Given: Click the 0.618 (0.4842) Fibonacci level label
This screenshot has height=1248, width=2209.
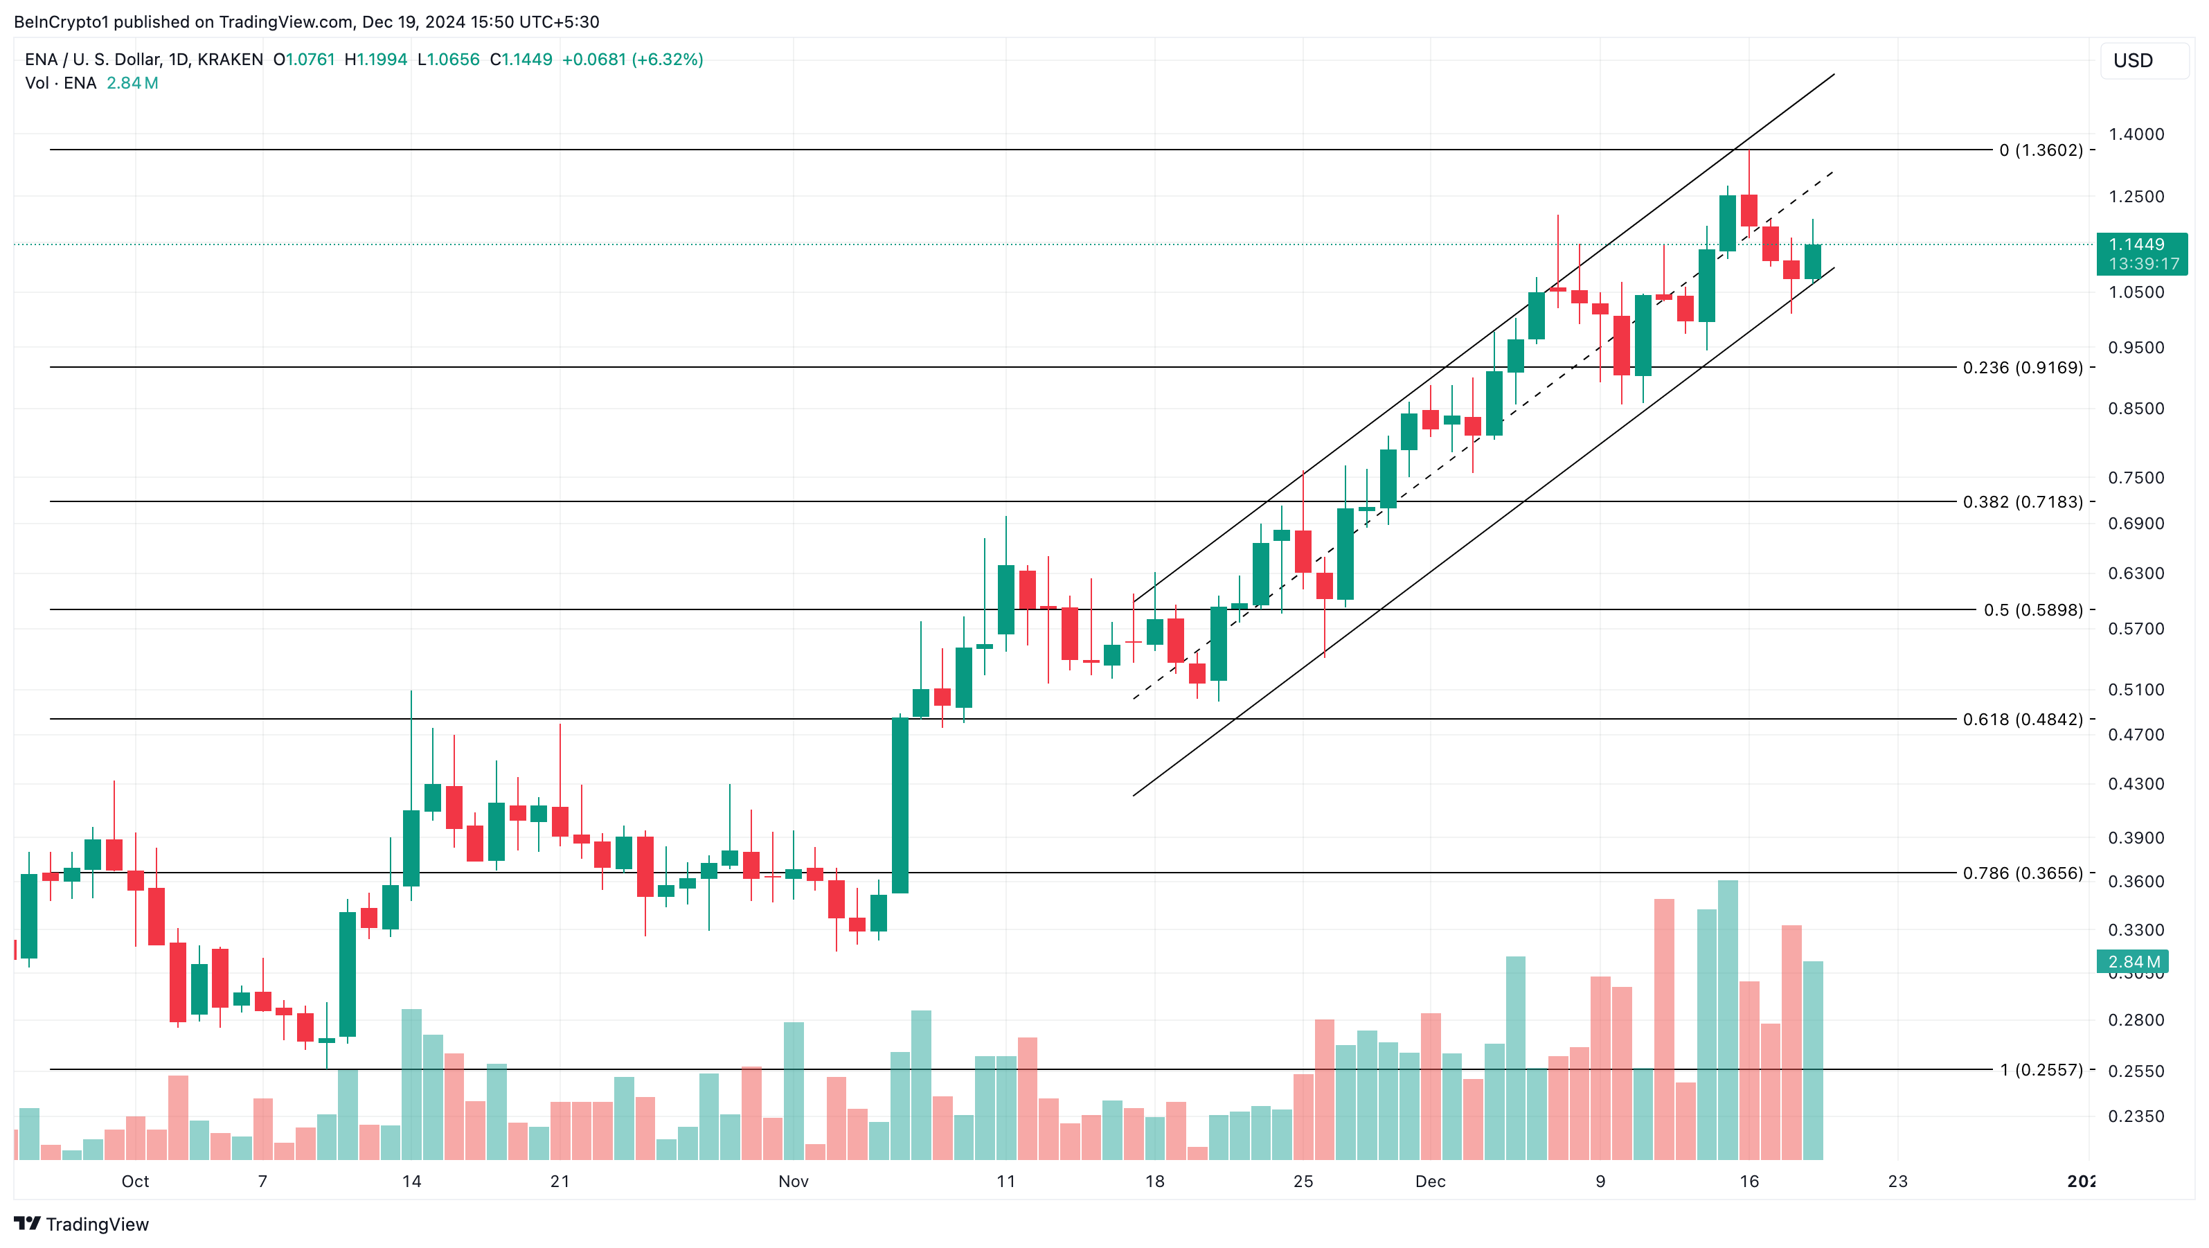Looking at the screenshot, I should [x=2022, y=719].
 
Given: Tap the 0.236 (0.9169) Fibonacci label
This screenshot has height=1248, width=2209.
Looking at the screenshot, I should [x=2022, y=367].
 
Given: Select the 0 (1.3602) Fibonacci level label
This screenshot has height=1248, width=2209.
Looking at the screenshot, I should [x=2040, y=150].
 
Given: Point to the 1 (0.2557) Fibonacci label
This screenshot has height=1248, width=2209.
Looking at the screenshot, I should [x=2040, y=1069].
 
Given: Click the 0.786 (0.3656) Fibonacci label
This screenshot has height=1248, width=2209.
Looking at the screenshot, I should [x=2022, y=873].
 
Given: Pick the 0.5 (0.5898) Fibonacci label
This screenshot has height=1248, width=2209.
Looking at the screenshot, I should [x=2032, y=610].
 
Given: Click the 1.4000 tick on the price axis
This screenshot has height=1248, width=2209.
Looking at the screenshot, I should [x=2136, y=134].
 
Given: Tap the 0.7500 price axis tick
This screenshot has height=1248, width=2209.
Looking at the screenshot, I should [x=2136, y=478].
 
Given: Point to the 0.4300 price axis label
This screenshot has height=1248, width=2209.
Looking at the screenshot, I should [x=2136, y=784].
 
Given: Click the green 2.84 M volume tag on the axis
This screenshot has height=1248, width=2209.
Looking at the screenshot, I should [x=2133, y=961].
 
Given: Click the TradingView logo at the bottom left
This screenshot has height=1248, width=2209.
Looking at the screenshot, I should [x=82, y=1224].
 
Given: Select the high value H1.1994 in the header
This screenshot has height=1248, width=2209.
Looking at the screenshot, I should [x=375, y=59].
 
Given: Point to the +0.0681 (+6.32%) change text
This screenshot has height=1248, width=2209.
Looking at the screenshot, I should [x=632, y=59].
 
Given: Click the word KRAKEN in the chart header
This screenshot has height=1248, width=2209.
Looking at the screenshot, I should [x=230, y=59].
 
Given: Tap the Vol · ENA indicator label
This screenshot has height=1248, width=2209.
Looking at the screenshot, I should [x=61, y=83].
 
